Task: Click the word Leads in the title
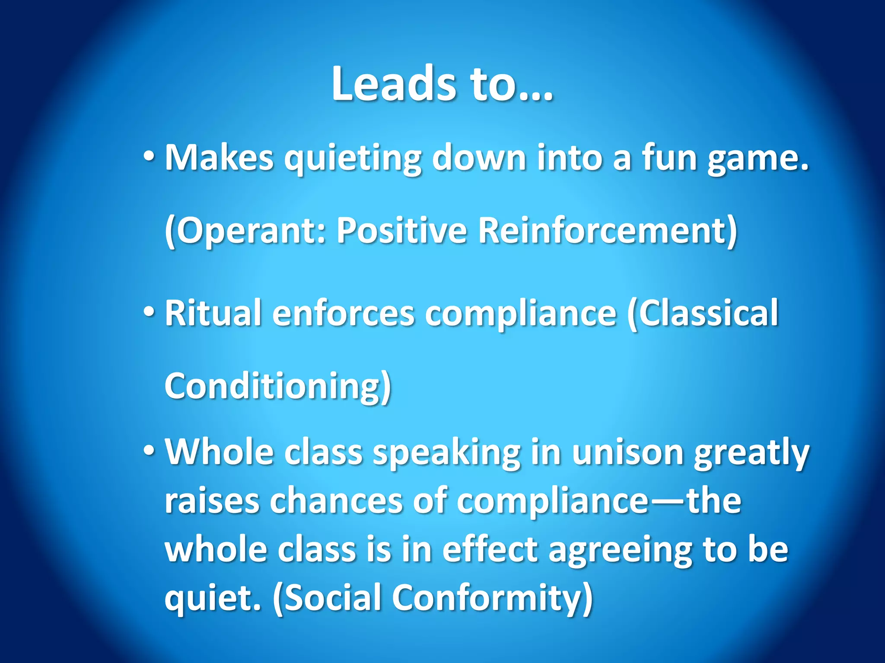(x=393, y=84)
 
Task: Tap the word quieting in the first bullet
(x=352, y=158)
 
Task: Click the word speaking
(x=447, y=453)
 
